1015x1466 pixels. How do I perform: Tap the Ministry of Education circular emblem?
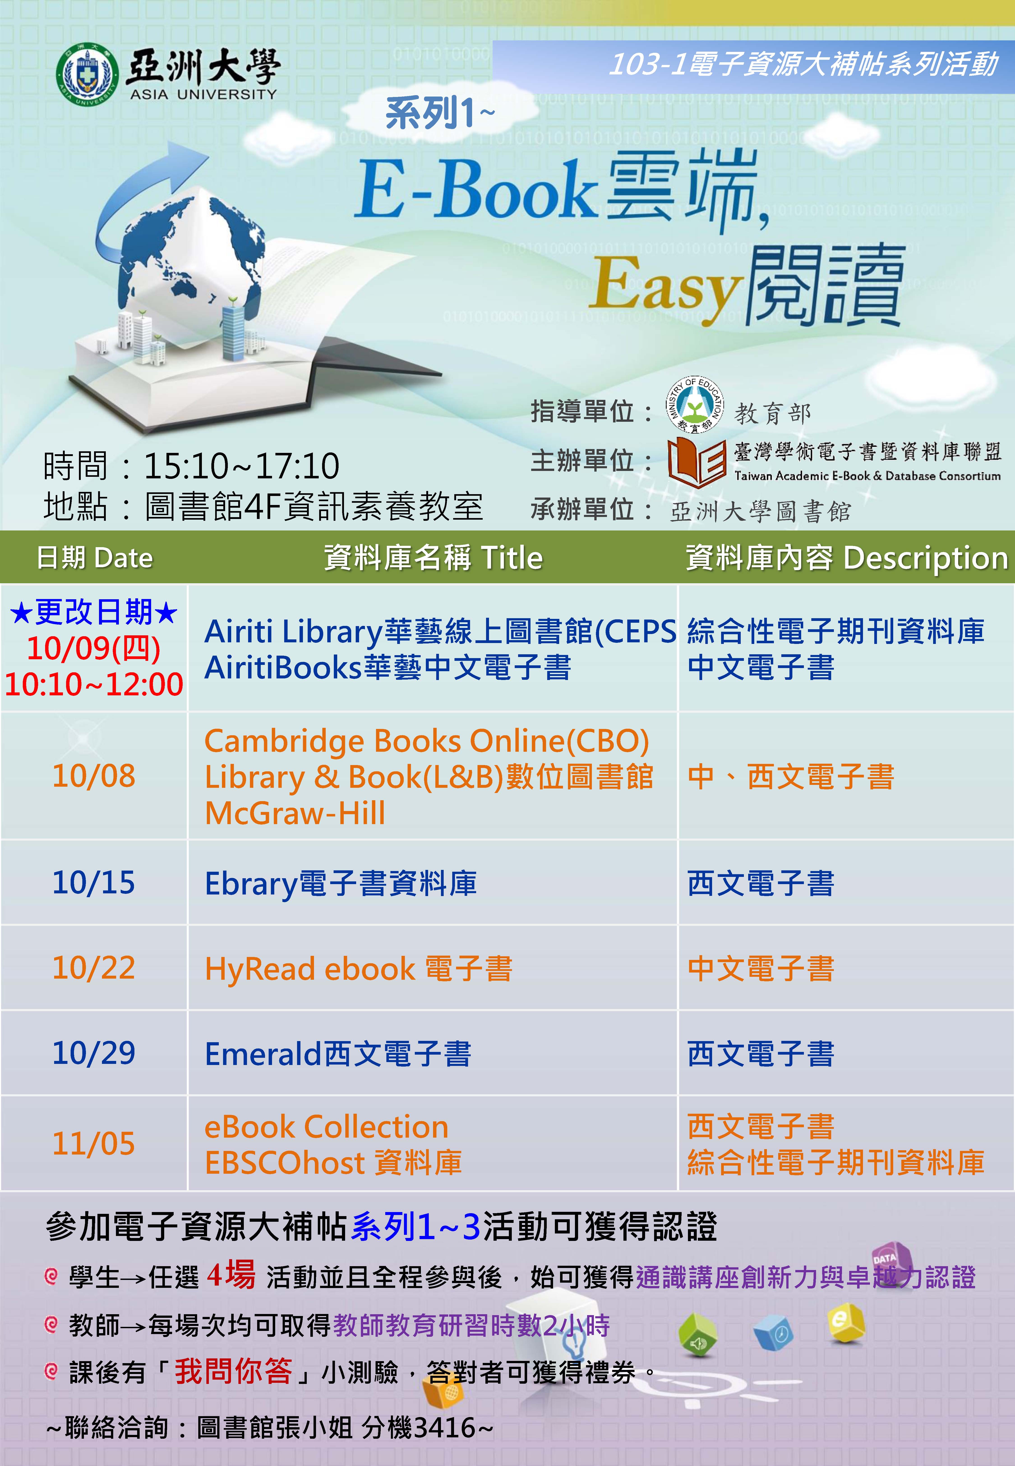coord(695,405)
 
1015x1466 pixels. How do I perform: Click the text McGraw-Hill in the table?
coord(295,813)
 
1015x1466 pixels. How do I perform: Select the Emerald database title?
coord(338,1053)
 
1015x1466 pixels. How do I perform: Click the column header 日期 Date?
coord(95,558)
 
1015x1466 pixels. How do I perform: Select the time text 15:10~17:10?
coord(242,466)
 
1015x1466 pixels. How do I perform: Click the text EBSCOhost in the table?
coord(285,1163)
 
